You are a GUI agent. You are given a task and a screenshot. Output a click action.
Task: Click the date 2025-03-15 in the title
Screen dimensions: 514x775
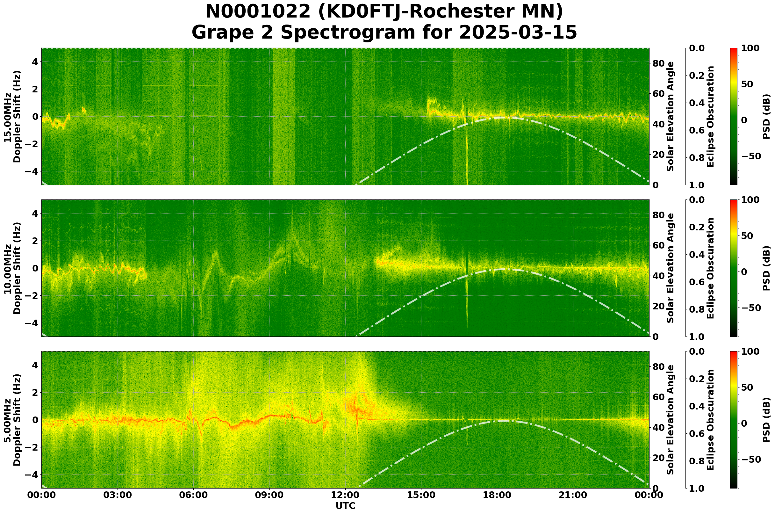pos(518,33)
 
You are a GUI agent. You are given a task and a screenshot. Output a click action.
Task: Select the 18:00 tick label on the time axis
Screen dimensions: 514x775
pos(497,495)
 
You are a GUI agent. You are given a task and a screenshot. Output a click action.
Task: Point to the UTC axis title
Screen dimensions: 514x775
pos(345,506)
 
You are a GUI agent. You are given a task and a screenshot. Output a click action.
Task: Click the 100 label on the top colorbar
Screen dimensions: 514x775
pos(750,48)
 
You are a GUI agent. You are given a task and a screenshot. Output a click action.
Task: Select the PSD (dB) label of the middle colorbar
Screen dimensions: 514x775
pos(766,268)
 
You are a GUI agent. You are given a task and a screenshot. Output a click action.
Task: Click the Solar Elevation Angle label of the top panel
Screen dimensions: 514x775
pos(671,116)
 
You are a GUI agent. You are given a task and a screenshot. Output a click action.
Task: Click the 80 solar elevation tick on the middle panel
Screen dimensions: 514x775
pos(658,215)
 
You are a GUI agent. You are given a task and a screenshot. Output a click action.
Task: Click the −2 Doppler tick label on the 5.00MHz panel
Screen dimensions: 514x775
pos(33,447)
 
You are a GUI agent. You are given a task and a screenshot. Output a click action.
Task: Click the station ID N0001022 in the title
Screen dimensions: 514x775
pos(258,12)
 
